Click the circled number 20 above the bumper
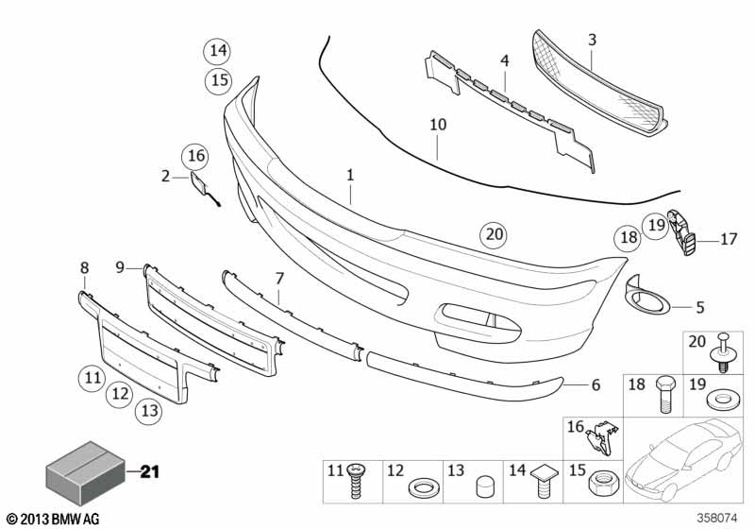494,234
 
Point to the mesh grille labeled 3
599,82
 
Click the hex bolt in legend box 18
665,394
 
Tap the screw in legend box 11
356,481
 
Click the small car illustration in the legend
682,460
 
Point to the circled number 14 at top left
218,51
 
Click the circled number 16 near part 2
195,156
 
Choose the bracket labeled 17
680,231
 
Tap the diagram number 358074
717,519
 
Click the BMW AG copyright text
54,519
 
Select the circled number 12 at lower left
120,394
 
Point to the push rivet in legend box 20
723,352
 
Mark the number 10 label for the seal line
438,125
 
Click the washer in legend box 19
722,401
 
